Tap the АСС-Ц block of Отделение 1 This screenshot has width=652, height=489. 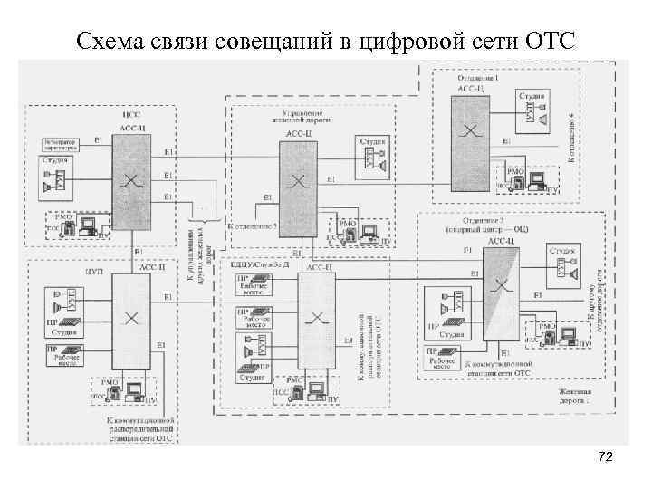tap(471, 131)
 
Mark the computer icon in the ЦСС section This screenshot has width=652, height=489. tap(88, 225)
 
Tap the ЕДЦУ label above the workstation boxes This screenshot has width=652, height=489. tap(263, 265)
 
